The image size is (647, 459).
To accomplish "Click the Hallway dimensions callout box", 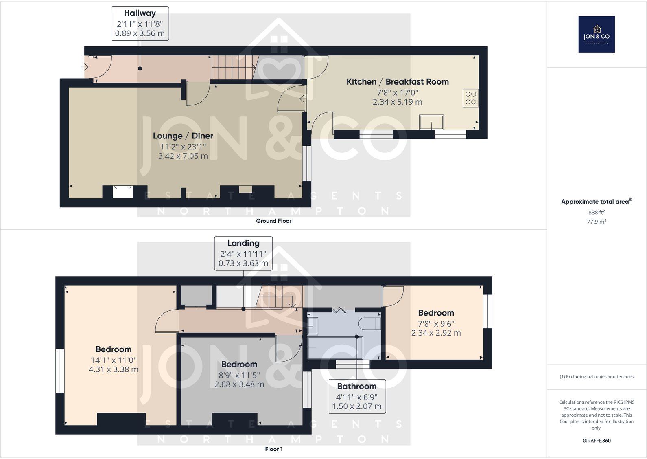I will pos(140,24).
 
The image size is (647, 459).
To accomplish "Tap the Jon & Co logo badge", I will pos(596,34).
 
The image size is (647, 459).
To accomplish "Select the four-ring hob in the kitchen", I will pos(470,98).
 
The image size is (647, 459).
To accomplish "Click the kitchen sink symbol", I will pos(431,122).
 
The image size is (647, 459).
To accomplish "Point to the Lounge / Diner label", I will pos(183,136).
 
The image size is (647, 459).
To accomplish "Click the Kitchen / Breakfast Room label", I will pos(397,82).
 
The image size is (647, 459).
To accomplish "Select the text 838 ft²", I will pos(596,212).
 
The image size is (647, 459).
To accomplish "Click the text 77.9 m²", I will pos(596,222).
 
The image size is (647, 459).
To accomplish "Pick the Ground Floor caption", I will pos(273,221).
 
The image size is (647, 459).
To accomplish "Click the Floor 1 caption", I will pos(273,449).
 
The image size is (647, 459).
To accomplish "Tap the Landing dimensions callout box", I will pos(243,253).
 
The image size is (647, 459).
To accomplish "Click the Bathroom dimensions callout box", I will pos(356,396).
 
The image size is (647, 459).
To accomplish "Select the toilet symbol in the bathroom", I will pos(369,324).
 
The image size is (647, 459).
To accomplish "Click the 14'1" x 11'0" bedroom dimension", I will pos(113,360).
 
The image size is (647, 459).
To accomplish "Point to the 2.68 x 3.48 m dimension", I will pos(239,384).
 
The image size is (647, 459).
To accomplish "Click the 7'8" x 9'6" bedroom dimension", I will pos(436,323).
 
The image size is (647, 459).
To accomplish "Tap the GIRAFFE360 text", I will pos(596,441).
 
